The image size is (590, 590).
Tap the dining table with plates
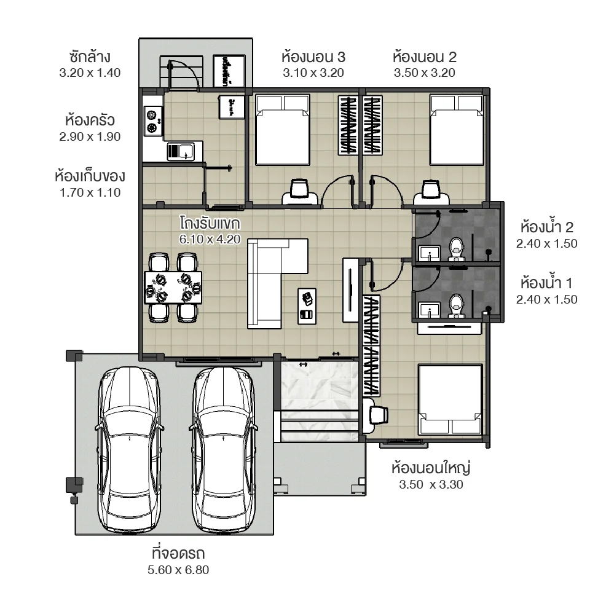[x=173, y=288]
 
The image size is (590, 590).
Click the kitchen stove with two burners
[x=152, y=121]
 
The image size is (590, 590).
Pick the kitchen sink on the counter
[x=180, y=151]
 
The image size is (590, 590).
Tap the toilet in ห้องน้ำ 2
[x=456, y=249]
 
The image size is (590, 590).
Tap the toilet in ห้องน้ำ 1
[x=456, y=304]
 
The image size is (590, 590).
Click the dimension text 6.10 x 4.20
[x=210, y=238]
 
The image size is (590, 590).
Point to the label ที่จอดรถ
[x=178, y=551]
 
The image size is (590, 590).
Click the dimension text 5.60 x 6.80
[x=178, y=570]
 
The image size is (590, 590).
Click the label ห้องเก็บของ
[x=90, y=176]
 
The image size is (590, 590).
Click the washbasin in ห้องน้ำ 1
[x=428, y=309]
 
